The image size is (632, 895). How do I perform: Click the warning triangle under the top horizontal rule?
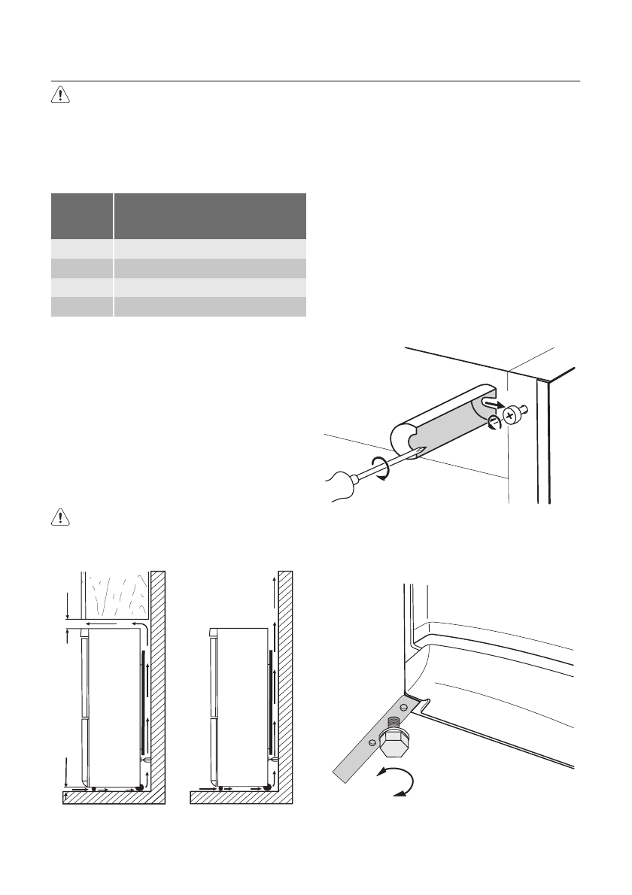60,96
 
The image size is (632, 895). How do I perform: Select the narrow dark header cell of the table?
81,216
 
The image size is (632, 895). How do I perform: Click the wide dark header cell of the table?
210,216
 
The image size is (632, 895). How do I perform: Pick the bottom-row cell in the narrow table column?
81,306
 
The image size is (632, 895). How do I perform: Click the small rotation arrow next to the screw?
493,423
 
